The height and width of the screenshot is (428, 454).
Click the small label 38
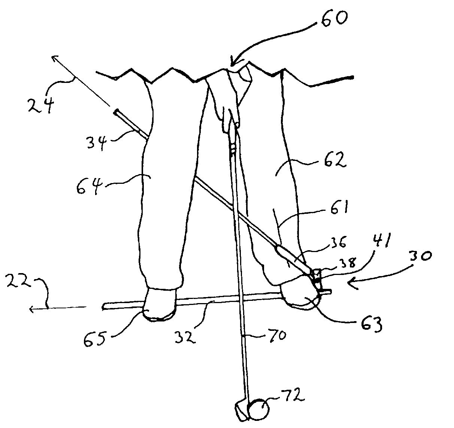[x=348, y=262]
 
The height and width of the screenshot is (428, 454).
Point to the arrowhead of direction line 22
[x=33, y=309]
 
